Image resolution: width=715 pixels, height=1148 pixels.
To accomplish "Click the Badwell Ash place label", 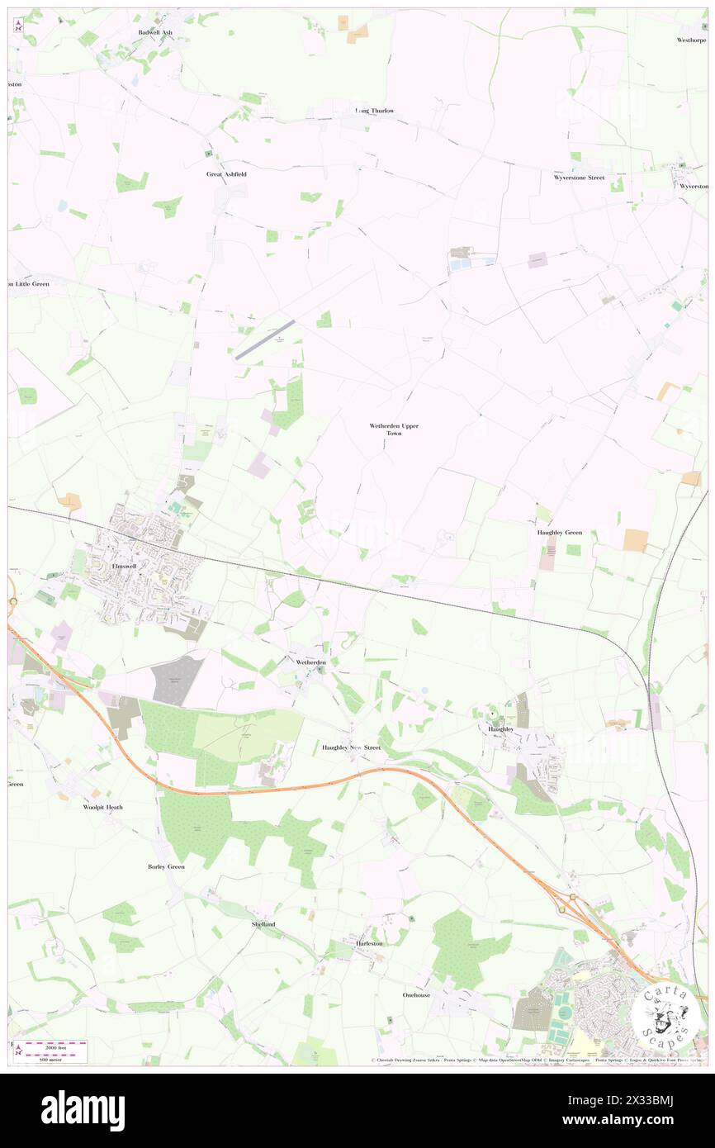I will pos(155,32).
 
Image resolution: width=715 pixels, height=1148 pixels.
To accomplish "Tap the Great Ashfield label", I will pos(226,174).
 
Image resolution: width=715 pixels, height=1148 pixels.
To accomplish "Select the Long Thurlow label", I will pos(374,111).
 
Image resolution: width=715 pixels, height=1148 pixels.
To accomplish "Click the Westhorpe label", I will pos(692,40).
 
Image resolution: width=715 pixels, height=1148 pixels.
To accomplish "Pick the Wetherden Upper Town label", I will pos(394,429).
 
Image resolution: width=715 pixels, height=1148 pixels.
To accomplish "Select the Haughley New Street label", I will pos(351,747).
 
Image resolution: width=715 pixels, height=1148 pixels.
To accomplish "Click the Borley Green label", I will pos(166,866).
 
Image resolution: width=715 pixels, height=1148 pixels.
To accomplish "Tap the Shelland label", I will pos(263,924).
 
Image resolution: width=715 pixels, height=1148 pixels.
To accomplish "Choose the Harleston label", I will pos(369,943).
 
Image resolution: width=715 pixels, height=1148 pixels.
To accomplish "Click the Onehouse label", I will pos(417,995).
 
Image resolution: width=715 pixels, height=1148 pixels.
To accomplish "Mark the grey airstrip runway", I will pos(264,340).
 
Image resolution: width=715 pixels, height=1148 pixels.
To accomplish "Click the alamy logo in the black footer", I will pos(83,1111).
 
